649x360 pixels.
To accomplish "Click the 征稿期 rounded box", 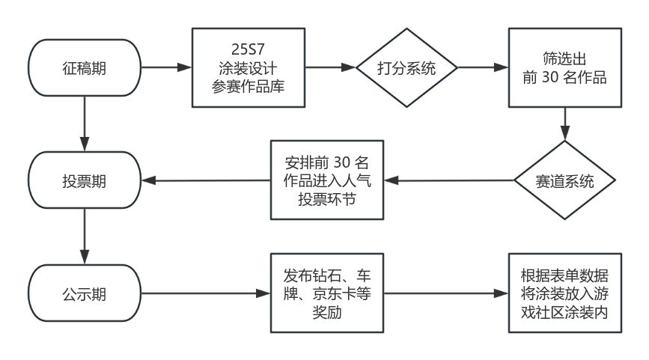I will coord(83,68).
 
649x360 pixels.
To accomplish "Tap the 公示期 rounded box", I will coord(83,293).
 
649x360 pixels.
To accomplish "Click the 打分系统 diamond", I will coord(406,68).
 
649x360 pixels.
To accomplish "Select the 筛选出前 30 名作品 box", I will coord(564,68).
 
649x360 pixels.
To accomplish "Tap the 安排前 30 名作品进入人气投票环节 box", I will coord(327,180).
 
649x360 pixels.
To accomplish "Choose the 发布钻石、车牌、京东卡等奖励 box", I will coord(327,293).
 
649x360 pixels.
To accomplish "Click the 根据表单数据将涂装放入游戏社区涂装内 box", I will coord(564,293).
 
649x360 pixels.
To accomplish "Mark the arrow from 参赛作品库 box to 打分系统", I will coord(330,68).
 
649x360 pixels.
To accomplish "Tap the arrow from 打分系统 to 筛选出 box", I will coord(482,68).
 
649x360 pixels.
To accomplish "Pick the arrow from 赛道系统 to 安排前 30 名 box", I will coord(449,180).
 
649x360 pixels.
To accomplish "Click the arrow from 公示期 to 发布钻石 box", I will coord(207,293).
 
